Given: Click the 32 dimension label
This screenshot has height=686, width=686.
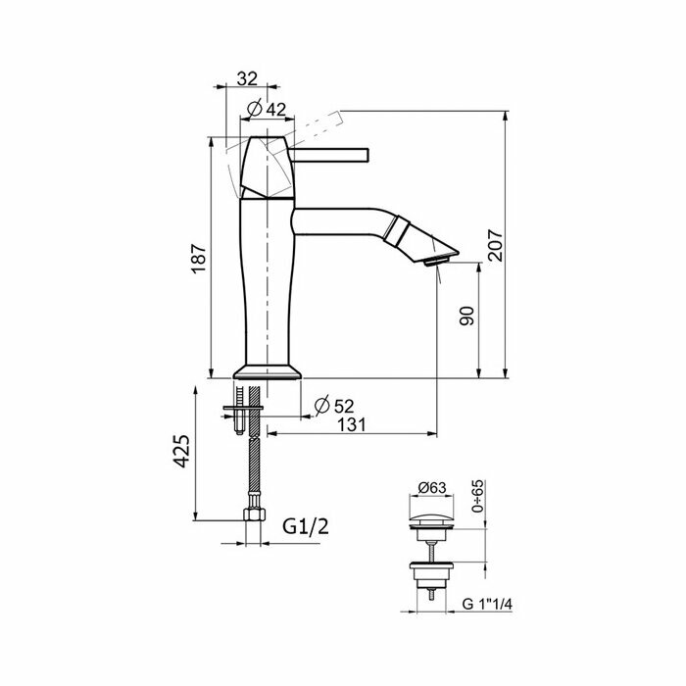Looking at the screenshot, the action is coord(247,78).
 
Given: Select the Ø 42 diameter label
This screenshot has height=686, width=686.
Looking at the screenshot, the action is coord(267,109).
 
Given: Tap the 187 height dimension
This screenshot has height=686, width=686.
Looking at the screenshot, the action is coord(199,258).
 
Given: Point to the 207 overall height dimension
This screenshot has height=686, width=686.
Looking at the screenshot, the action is coord(495,245).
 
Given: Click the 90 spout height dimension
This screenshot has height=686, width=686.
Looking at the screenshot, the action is coord(466,316).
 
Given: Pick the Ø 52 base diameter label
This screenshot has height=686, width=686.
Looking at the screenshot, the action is coord(334,406).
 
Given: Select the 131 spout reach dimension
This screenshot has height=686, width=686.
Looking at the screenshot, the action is coord(352,424).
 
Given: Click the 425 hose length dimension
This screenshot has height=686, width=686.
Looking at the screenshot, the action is coord(181,451).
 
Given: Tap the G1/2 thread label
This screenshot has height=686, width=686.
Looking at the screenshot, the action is coord(306,526).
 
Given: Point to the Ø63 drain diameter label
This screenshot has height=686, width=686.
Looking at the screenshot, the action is coord(432,487).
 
